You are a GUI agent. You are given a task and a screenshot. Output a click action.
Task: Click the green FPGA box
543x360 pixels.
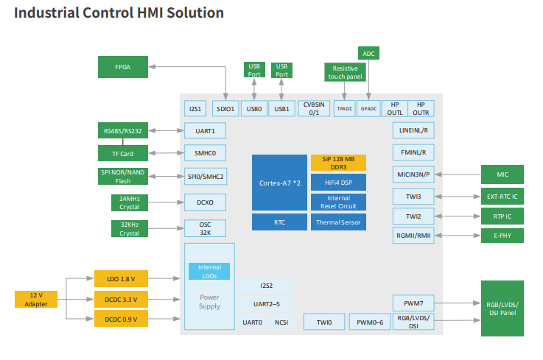pos(124,66)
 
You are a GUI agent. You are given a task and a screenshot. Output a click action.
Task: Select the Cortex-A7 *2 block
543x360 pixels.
pos(278,183)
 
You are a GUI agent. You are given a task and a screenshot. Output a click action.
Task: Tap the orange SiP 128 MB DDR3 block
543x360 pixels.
pos(338,163)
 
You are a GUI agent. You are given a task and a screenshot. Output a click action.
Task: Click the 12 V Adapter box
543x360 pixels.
pos(35,300)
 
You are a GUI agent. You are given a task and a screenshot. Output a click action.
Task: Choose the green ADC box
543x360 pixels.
pos(368,53)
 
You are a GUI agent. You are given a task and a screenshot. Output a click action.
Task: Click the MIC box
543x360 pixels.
pos(502,174)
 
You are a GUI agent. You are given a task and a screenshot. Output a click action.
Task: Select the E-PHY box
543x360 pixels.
pos(502,236)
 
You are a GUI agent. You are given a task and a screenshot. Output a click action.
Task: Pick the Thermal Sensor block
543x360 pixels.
pos(338,222)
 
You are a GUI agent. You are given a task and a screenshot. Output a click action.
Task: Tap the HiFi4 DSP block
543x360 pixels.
pos(338,182)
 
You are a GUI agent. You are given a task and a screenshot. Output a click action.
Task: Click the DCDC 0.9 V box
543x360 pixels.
pos(121,319)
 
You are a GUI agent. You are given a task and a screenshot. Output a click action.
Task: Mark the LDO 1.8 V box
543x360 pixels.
pos(121,278)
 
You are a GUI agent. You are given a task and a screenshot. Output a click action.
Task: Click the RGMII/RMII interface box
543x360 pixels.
pos(413,236)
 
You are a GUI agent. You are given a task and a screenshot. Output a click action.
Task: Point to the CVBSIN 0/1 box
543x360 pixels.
pos(314,109)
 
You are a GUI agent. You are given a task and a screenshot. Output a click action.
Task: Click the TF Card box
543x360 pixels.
pos(123,154)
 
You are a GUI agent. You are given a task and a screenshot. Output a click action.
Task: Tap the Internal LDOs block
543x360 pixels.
pos(209,272)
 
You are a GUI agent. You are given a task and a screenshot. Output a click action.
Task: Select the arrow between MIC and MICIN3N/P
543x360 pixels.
pos(456,174)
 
